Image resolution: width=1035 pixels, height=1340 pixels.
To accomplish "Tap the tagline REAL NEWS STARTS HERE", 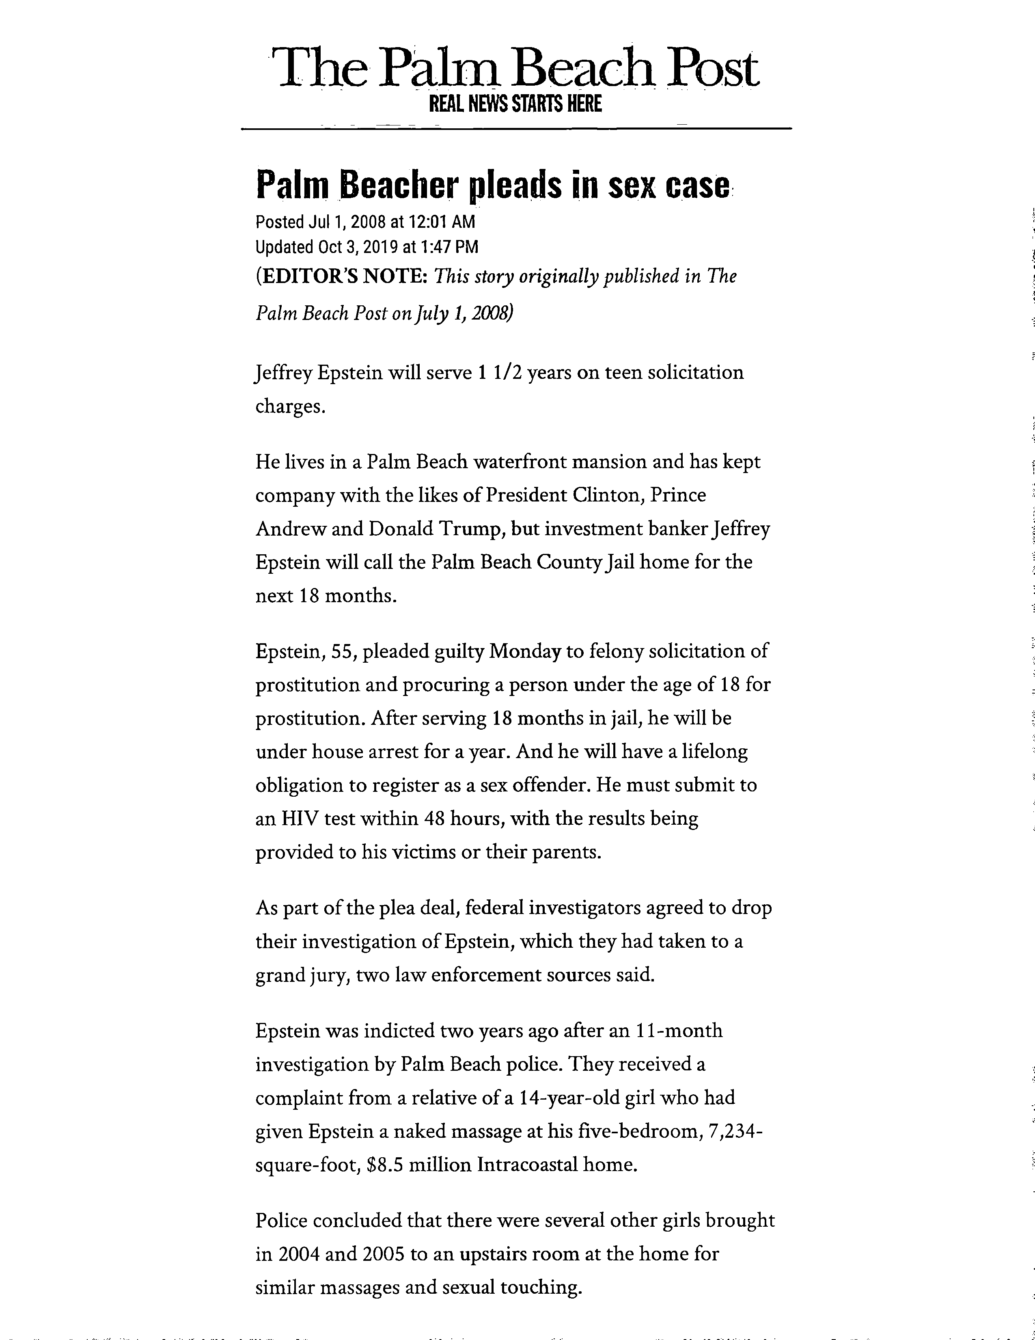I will coord(515,104).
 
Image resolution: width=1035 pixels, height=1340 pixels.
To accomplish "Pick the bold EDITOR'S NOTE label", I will coord(341,277).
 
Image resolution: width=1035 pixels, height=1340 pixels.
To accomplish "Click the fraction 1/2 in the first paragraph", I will coord(508,372).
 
